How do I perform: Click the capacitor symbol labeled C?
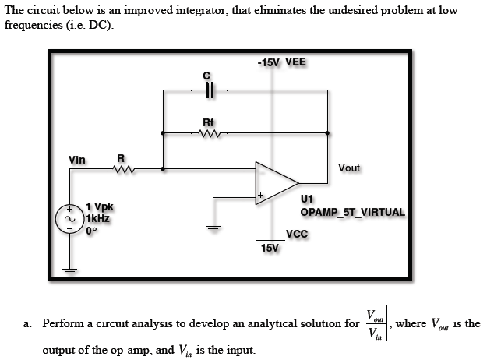click(x=208, y=90)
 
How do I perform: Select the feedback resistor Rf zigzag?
click(x=208, y=133)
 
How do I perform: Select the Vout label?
click(x=350, y=168)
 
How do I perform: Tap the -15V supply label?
click(x=269, y=62)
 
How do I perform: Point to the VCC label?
click(x=297, y=234)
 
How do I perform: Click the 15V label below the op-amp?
click(x=270, y=248)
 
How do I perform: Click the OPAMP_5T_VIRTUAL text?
click(x=352, y=212)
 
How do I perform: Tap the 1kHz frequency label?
click(x=98, y=219)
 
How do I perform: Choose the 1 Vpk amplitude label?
click(x=100, y=207)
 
